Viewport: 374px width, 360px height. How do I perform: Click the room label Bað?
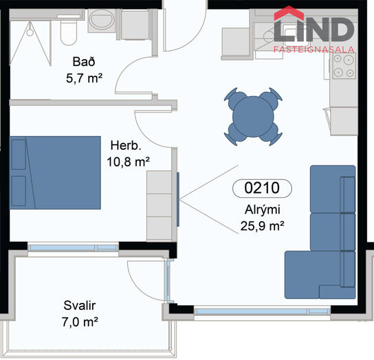pos(84,62)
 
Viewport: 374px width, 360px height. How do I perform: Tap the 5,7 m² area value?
pos(84,78)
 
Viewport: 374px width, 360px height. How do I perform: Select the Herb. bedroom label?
pos(126,145)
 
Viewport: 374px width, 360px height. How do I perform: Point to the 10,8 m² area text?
pos(129,162)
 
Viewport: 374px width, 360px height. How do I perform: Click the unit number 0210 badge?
pos(262,188)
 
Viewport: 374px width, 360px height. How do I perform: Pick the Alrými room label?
pos(263,210)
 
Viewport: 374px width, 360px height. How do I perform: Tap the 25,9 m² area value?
pos(262,226)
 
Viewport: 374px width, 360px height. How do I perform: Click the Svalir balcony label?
pos(80,306)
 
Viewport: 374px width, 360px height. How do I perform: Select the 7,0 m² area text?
pos(80,322)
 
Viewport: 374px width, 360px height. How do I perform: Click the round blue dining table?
pos(253,117)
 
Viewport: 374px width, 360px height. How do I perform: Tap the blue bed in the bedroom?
pos(55,172)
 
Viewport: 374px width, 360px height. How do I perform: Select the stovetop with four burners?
pos(344,66)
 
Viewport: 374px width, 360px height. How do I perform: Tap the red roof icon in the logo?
pos(289,13)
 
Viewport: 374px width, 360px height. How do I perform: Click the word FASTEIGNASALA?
pos(314,49)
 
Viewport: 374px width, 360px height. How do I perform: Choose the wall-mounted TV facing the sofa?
pos(178,199)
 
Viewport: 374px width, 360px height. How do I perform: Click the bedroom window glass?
pos(74,248)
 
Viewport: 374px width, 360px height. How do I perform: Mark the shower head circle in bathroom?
pos(30,32)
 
